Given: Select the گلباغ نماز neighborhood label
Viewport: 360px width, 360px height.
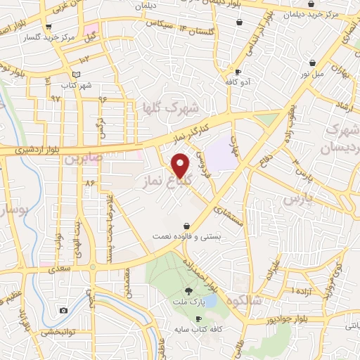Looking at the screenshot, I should pos(168,181).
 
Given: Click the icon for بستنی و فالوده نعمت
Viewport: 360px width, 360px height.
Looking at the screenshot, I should pos(186,226).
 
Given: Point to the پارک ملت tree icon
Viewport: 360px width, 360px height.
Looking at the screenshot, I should pos(189,292).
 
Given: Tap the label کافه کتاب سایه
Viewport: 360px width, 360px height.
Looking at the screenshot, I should pos(198,329).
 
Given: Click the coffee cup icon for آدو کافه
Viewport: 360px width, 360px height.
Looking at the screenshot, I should pos(238,72).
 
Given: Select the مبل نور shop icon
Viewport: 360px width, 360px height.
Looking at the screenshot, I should pos(312,63).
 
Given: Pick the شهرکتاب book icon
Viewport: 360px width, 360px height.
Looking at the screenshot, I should pos(76,75).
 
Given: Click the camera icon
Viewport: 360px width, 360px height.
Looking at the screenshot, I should pos(64,311).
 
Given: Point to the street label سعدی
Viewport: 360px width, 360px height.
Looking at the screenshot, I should pos(58,269).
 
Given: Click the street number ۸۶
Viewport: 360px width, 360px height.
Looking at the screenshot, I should pos(89,183).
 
